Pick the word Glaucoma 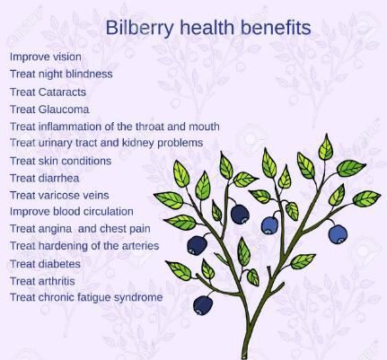64,109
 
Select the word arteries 138,245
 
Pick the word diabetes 58,264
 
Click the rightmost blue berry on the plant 338,233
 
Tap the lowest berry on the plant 204,306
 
